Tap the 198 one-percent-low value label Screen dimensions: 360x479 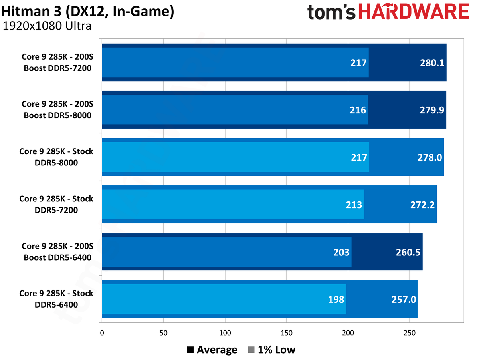coord(336,299)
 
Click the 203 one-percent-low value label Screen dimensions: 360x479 coord(341,252)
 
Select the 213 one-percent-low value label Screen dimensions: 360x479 coord(354,205)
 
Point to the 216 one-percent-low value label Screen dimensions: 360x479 coord(358,110)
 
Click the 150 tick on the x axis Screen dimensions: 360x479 coord(286,333)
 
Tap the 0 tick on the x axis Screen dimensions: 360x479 coord(102,333)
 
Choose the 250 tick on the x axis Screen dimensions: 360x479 coord(409,333)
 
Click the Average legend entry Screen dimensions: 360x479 coord(212,350)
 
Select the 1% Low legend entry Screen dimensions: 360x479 coord(271,350)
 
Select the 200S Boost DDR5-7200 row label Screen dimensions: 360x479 coord(57,63)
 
